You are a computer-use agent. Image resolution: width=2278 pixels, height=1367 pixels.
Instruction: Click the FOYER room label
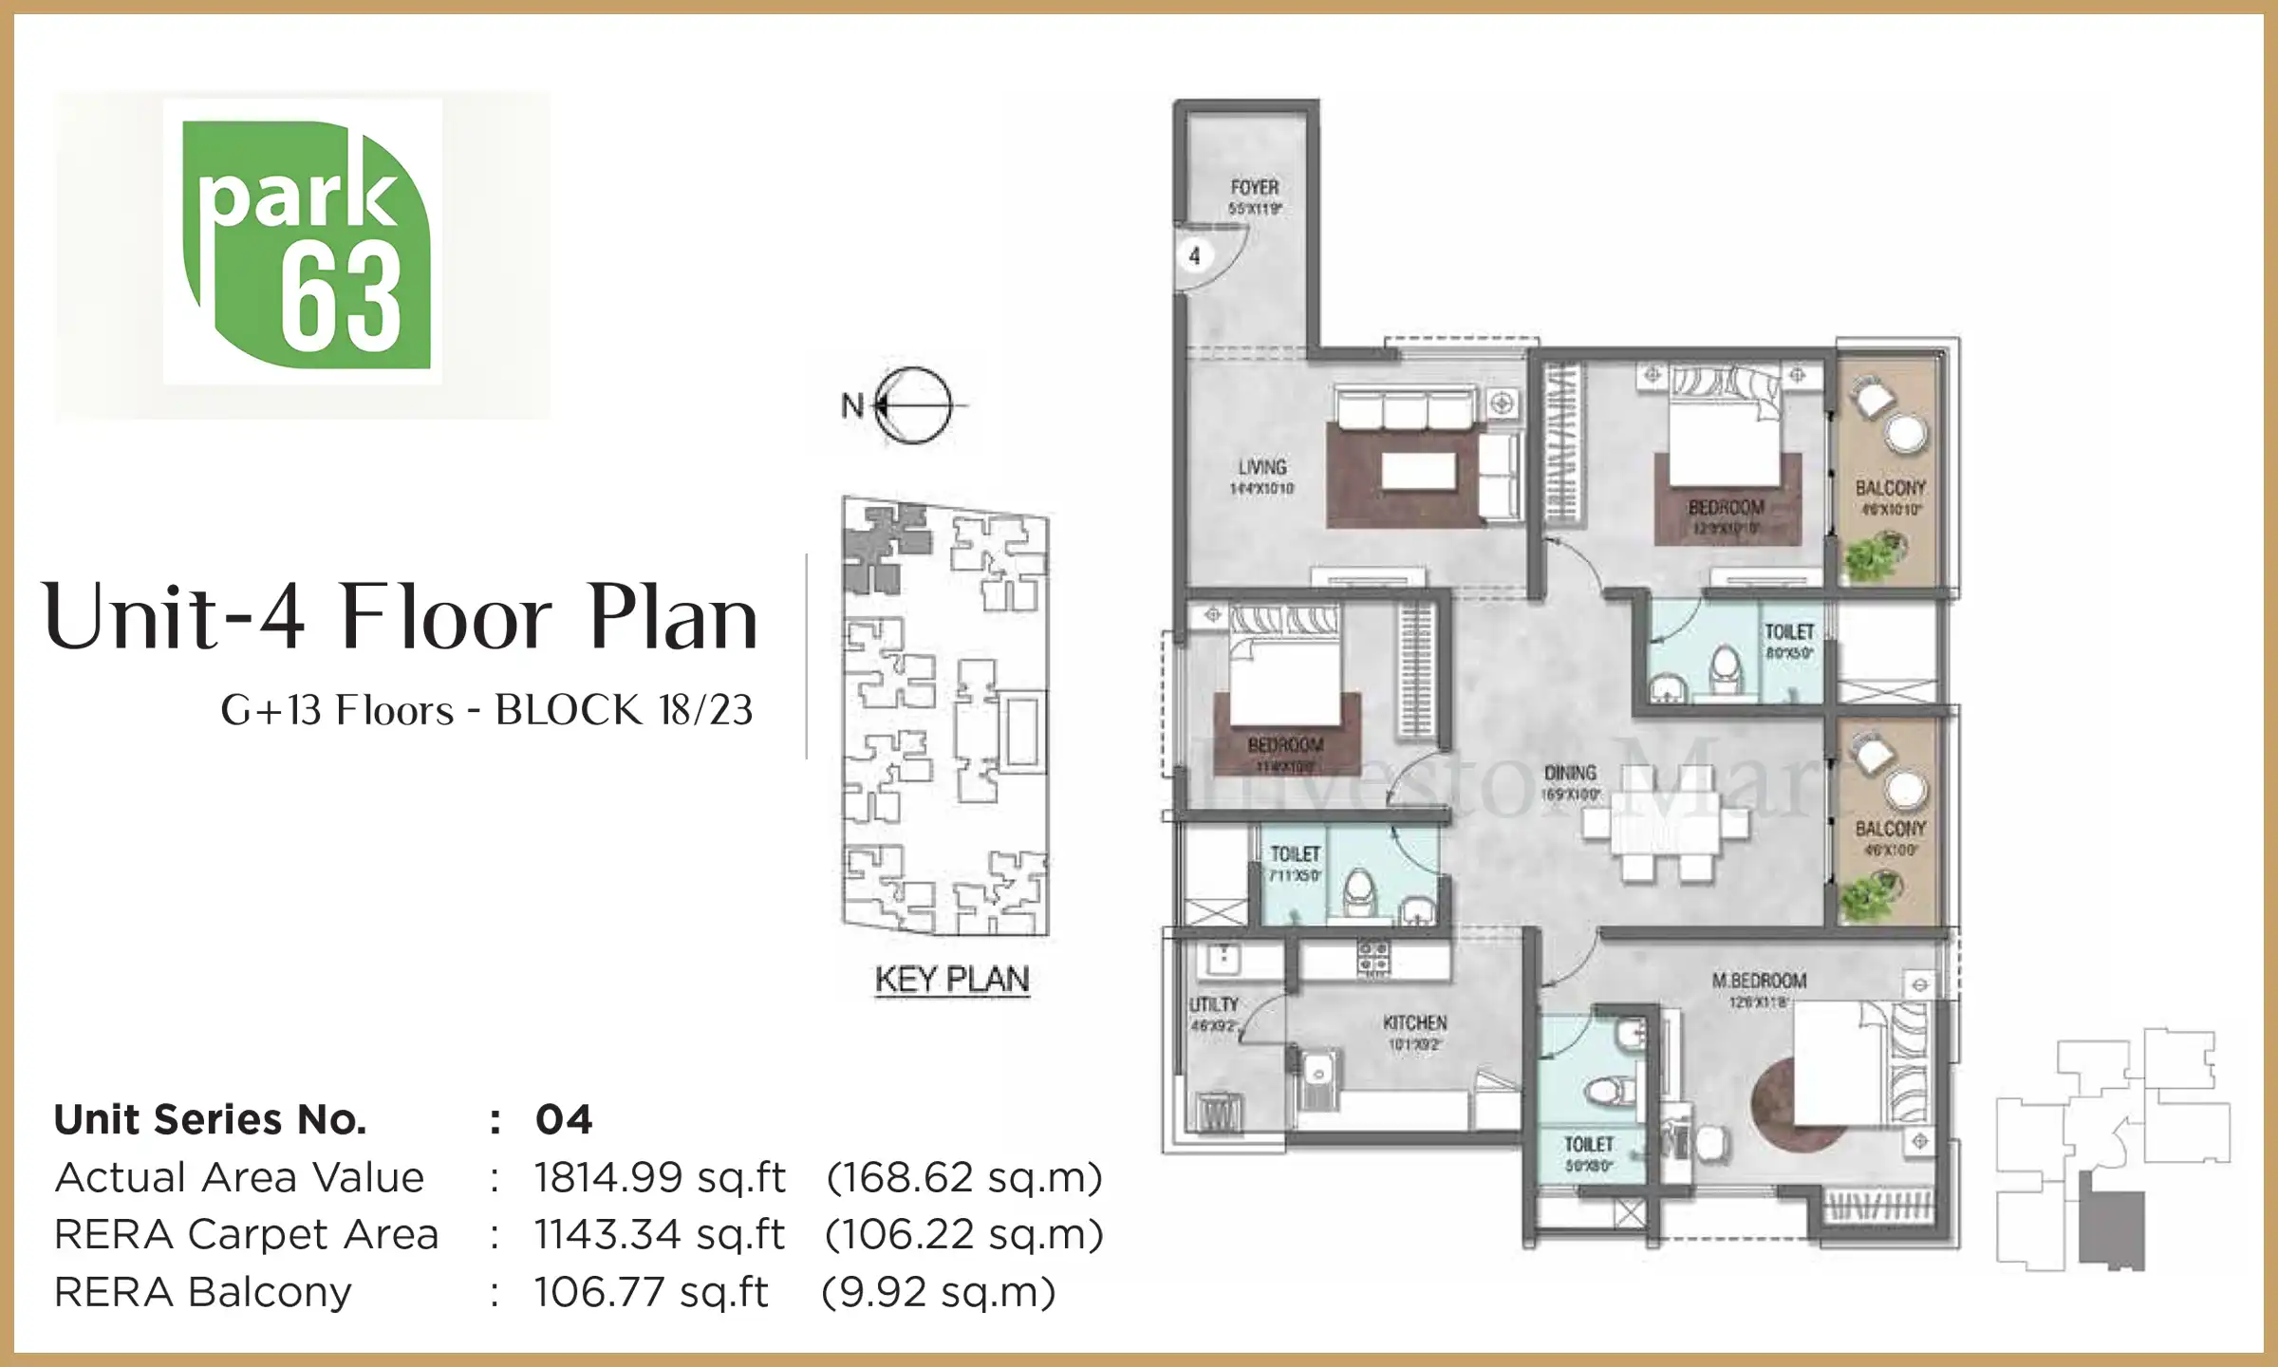[1254, 188]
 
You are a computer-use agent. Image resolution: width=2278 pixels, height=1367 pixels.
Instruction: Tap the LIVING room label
[1261, 467]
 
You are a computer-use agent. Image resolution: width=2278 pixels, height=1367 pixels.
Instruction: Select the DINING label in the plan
[1570, 773]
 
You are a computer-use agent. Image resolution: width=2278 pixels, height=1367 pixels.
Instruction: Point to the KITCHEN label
[1414, 1022]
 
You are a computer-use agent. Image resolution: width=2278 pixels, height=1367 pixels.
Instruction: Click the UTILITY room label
[1213, 1004]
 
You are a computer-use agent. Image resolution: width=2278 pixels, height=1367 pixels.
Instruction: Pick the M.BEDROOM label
[1759, 981]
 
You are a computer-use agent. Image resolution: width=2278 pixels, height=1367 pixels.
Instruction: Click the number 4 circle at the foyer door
[1194, 255]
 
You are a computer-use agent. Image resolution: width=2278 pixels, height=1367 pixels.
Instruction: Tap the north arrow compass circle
[912, 405]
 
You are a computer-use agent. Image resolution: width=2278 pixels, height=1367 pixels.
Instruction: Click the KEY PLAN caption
[951, 979]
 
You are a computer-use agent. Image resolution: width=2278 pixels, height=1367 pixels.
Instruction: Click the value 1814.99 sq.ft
[660, 1178]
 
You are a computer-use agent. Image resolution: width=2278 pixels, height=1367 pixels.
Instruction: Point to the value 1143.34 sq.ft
[659, 1235]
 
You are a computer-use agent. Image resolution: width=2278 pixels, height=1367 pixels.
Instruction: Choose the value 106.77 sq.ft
[650, 1293]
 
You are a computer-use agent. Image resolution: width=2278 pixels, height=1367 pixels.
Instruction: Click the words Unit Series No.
[210, 1120]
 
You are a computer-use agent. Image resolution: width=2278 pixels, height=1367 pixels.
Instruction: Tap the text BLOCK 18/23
[624, 710]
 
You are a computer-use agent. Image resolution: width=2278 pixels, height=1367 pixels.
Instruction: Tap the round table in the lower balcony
[1906, 790]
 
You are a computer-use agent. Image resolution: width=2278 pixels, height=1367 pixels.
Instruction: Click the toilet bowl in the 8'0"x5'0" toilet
[1726, 669]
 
